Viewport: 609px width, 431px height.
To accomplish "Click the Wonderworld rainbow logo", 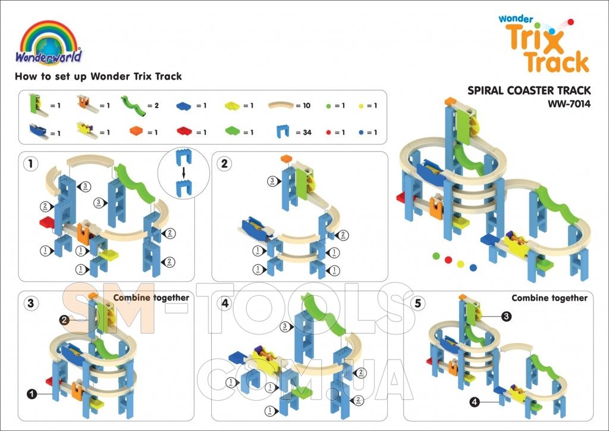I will point(49,42).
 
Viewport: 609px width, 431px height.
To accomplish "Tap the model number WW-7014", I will point(569,104).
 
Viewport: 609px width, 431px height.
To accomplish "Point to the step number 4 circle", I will point(224,303).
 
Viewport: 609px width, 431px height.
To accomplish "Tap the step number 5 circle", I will point(418,303).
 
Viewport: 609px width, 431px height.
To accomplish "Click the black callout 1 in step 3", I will point(31,393).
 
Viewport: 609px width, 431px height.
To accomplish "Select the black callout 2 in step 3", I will point(65,320).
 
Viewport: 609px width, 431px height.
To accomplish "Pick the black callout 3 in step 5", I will point(506,317).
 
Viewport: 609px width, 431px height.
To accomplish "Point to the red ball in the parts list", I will point(328,132).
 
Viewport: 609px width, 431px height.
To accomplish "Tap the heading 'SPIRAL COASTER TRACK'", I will point(529,90).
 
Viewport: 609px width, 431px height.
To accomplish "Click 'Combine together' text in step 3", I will point(151,298).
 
